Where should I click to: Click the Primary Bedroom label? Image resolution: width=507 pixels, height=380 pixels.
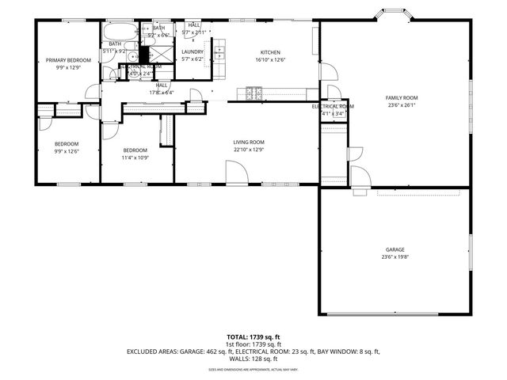(67, 60)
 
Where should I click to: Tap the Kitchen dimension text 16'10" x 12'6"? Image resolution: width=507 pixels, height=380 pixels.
(265, 60)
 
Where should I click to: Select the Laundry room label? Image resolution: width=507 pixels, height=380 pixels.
(193, 51)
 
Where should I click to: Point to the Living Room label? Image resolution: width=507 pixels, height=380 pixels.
(249, 142)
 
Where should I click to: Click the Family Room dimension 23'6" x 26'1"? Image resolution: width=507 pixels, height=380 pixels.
(402, 104)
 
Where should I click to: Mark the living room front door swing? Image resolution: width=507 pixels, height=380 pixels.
(236, 172)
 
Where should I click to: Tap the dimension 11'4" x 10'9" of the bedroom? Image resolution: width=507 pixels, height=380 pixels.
(135, 157)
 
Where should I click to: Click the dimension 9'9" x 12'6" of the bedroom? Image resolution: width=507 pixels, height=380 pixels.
(67, 150)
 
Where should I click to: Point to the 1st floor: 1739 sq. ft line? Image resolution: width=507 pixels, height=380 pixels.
(253, 344)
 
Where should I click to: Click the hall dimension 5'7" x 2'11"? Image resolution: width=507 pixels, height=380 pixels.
(193, 32)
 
